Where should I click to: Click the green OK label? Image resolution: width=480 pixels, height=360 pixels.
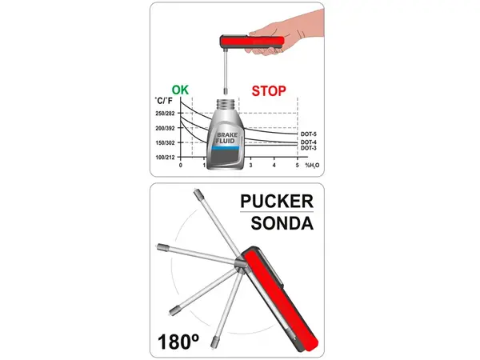point(180,90)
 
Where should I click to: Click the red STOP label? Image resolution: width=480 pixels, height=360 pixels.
point(269,91)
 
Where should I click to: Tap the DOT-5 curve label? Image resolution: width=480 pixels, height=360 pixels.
point(309,134)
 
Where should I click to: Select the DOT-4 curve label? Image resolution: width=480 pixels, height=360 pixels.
point(309,142)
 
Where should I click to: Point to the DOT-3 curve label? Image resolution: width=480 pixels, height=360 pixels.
point(309,148)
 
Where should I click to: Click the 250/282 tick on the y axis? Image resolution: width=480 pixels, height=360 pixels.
point(165,114)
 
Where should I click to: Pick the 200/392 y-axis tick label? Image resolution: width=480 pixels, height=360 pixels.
point(165,128)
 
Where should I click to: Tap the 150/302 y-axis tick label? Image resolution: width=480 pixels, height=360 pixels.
point(165,142)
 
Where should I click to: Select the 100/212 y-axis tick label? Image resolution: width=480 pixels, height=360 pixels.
point(165,158)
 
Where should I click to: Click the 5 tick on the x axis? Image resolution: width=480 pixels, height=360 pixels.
point(298,166)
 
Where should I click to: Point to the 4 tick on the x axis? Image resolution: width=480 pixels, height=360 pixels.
point(274,166)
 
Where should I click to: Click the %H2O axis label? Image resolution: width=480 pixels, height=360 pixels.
point(312,166)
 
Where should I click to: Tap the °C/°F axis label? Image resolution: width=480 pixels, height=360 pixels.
point(163,101)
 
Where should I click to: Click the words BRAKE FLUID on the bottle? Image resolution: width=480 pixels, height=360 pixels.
point(226,138)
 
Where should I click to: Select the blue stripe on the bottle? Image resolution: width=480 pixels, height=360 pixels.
point(226,148)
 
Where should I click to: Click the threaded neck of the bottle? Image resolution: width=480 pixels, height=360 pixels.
point(228,104)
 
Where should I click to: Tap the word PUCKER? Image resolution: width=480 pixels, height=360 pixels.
point(277,202)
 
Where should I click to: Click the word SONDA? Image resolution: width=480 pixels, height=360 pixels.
point(282,223)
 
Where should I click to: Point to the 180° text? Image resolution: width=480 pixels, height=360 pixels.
point(178,342)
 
